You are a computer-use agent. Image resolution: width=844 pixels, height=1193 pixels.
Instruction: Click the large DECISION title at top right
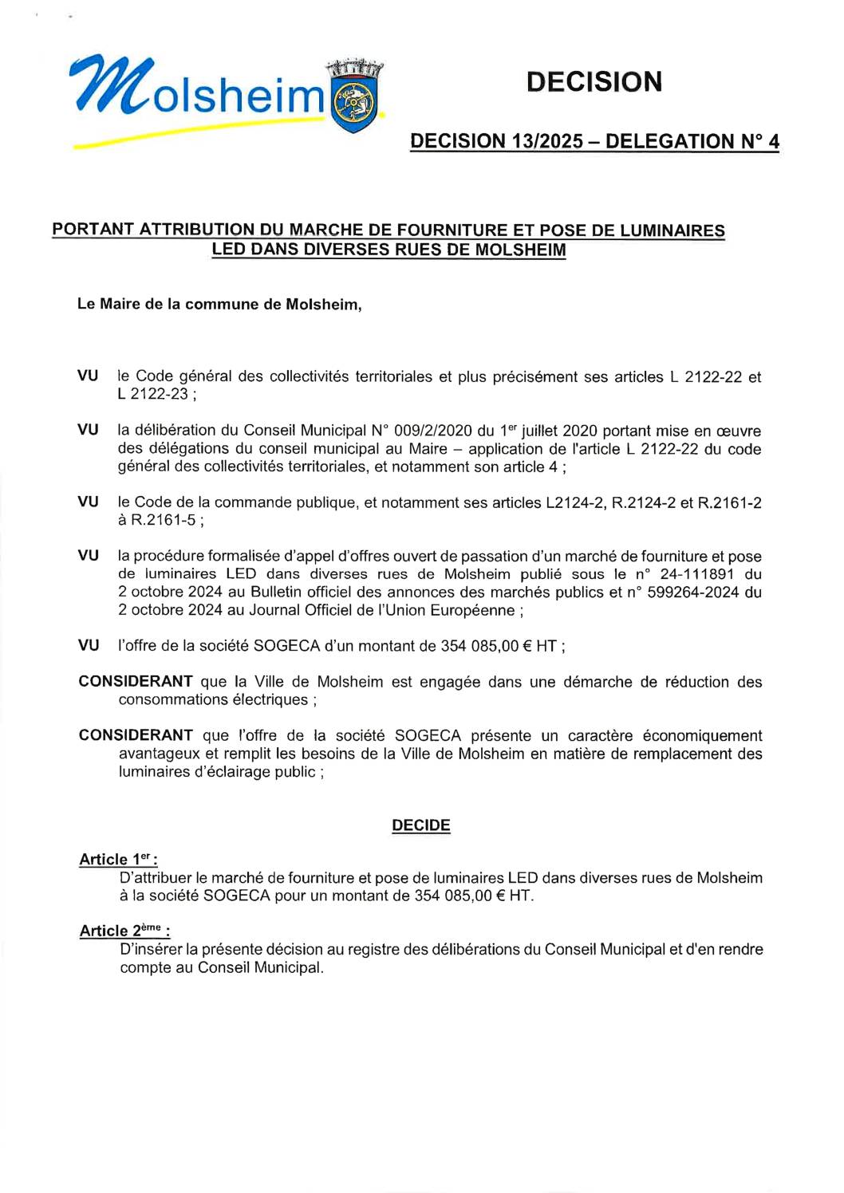click(594, 81)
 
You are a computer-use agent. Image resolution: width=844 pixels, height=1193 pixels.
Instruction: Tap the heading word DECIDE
click(420, 825)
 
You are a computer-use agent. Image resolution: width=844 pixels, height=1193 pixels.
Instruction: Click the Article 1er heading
click(117, 859)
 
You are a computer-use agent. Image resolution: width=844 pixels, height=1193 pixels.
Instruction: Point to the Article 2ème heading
click(124, 931)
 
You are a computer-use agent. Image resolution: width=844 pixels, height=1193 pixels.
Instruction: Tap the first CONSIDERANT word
click(136, 681)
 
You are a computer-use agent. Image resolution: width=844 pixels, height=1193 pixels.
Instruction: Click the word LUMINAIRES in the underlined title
click(672, 230)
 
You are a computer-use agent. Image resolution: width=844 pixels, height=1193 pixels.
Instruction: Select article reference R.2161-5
click(164, 520)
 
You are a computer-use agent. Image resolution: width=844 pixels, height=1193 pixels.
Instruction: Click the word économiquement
click(702, 735)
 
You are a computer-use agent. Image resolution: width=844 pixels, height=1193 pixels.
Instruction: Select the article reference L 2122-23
click(153, 394)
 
